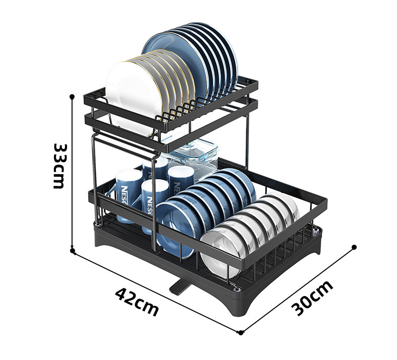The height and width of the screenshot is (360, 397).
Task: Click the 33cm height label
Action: tap(58, 166)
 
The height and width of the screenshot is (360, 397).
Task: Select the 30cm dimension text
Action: tap(312, 298)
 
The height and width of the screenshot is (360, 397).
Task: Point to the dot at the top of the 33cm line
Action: tap(72, 96)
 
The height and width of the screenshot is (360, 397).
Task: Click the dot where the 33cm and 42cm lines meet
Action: tap(73, 251)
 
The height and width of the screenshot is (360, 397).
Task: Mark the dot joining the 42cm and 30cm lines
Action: tap(241, 332)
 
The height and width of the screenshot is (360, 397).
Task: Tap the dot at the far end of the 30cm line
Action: tap(354, 247)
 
